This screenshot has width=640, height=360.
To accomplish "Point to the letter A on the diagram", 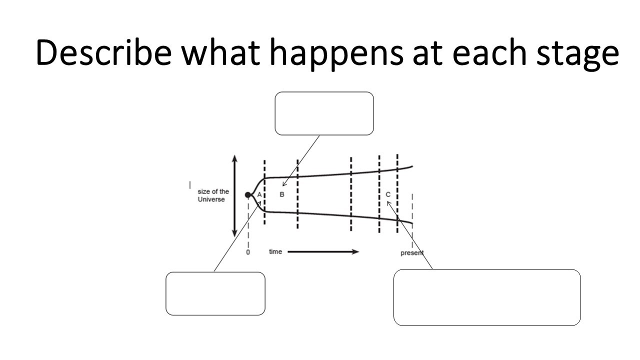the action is pyautogui.click(x=259, y=194).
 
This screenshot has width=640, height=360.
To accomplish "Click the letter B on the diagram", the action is pyautogui.click(x=282, y=194).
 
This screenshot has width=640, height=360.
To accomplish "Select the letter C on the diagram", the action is pyautogui.click(x=388, y=194).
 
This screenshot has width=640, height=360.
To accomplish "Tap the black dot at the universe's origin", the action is pyautogui.click(x=248, y=195).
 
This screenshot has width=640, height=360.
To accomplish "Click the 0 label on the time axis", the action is pyautogui.click(x=248, y=253).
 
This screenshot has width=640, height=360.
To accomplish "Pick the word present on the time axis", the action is pyautogui.click(x=412, y=253).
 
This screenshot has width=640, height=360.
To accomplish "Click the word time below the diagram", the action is pyautogui.click(x=275, y=251).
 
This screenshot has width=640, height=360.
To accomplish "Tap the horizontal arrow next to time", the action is pyautogui.click(x=323, y=251).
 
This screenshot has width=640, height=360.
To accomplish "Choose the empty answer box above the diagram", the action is pyautogui.click(x=324, y=113).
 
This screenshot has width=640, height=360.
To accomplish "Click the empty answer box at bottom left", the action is pyautogui.click(x=215, y=293).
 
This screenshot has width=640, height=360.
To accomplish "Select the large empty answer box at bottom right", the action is pyautogui.click(x=487, y=297).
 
